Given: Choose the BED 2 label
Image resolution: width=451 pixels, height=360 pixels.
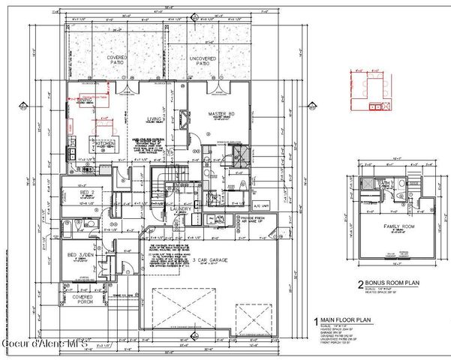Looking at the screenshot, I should click(86, 191).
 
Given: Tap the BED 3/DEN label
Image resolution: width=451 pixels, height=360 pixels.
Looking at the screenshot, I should click(80, 256).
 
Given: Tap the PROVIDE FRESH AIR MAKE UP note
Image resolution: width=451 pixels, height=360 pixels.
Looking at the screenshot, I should click(256, 219).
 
